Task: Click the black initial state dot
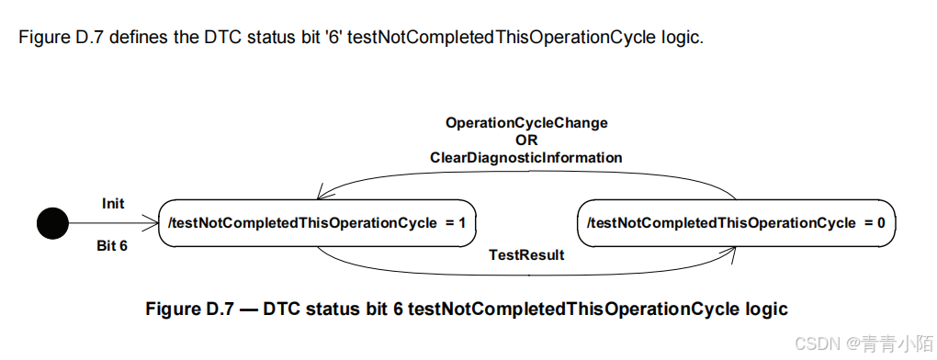[x=52, y=222]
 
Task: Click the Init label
[x=113, y=203]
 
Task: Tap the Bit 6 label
[x=112, y=245]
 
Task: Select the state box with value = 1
[x=317, y=222]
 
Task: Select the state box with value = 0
[x=736, y=222]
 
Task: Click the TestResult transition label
[x=526, y=255]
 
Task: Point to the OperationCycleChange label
[x=526, y=122]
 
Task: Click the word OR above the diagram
[x=526, y=140]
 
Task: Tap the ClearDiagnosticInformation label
[x=526, y=158]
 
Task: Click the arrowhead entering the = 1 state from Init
[x=153, y=222]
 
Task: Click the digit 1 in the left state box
[x=461, y=222]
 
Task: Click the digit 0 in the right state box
[x=880, y=222]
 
